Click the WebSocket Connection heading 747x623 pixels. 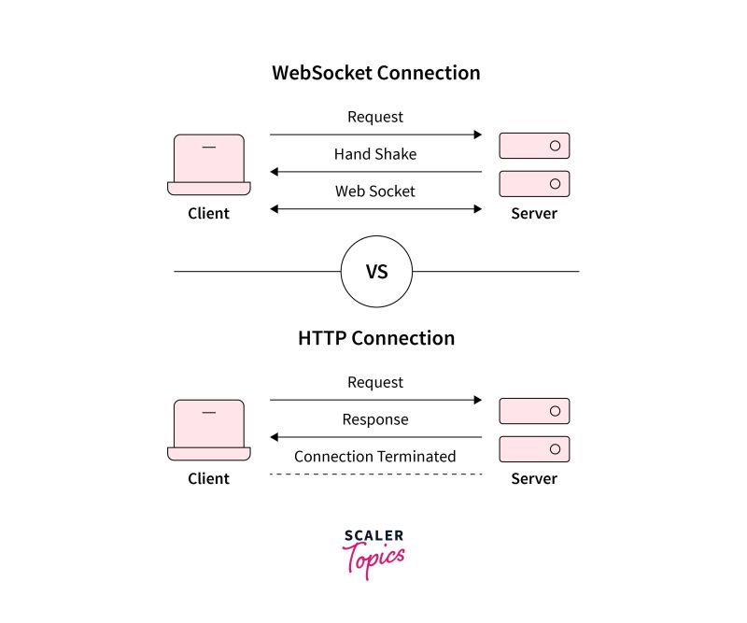tap(375, 73)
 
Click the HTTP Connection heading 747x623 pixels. tap(375, 338)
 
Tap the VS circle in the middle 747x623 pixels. tap(376, 272)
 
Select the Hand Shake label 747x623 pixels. tap(375, 154)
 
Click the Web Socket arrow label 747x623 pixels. tap(375, 191)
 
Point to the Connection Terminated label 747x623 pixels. tap(375, 457)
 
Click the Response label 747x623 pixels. tap(375, 419)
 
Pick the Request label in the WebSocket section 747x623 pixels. tap(375, 117)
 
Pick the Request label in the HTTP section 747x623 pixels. tap(375, 382)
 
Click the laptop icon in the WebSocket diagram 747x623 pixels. tap(209, 164)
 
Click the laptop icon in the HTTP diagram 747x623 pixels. tap(209, 430)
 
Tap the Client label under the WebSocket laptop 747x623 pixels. tap(208, 213)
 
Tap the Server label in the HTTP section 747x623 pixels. tap(534, 478)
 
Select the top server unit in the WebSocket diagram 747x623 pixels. tap(534, 146)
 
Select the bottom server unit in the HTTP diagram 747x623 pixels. tap(534, 449)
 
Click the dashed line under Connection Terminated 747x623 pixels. tap(375, 474)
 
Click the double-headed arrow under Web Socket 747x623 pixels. tap(375, 209)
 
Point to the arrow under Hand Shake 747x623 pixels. tap(375, 172)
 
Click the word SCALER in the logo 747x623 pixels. tap(373, 536)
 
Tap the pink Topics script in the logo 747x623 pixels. tap(373, 559)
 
